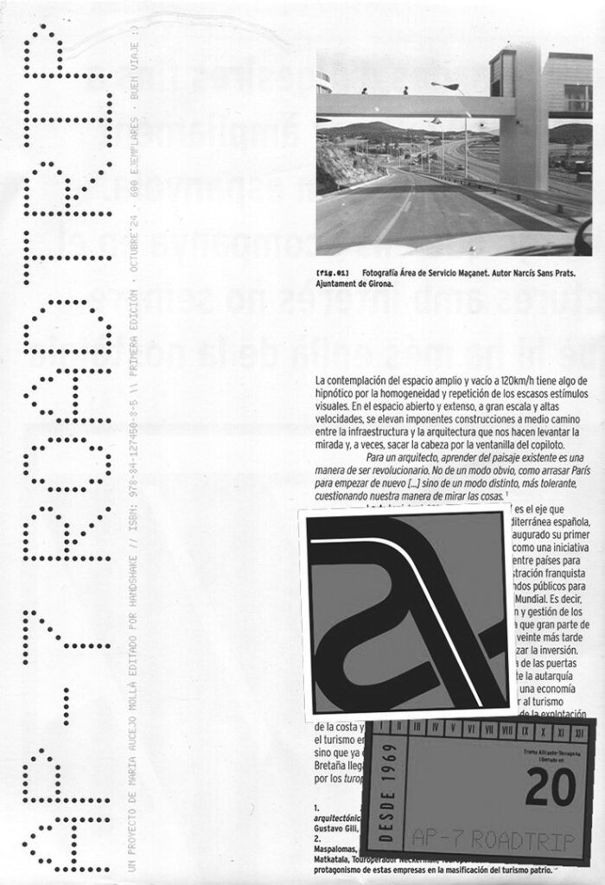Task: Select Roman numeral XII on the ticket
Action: pyautogui.click(x=579, y=731)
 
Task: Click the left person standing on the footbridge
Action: pyautogui.click(x=364, y=90)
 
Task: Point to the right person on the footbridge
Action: pyautogui.click(x=404, y=89)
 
